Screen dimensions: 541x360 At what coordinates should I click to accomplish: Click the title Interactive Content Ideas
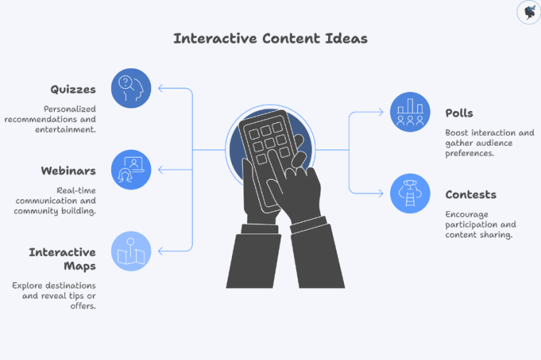coord(270,38)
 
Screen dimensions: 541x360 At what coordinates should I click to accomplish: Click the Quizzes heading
coord(73,89)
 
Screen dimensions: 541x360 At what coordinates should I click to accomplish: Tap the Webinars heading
coord(68,171)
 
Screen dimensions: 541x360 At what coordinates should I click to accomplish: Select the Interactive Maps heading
coord(63,259)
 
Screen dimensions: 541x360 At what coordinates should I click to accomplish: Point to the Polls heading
coord(459,113)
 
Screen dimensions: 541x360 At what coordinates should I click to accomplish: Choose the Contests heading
coord(471,194)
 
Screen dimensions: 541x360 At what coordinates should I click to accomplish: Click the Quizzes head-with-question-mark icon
coord(132,88)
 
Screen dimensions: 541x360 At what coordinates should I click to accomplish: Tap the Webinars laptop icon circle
coord(132,169)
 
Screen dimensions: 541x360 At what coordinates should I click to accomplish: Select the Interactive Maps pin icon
coord(132,251)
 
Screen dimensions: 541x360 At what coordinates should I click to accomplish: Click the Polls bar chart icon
coord(410,112)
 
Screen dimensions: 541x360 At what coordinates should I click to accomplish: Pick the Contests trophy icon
coord(410,194)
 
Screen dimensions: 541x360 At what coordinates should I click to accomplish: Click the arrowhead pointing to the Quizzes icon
coord(161,88)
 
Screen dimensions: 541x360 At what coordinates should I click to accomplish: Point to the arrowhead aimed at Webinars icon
coord(161,169)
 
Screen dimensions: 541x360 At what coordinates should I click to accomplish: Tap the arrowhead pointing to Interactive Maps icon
coord(161,251)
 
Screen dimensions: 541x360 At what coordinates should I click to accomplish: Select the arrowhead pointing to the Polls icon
coord(382,112)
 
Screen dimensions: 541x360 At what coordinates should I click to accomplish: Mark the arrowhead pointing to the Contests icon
coord(382,194)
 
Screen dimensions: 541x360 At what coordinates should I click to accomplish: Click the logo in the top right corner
coord(528,12)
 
